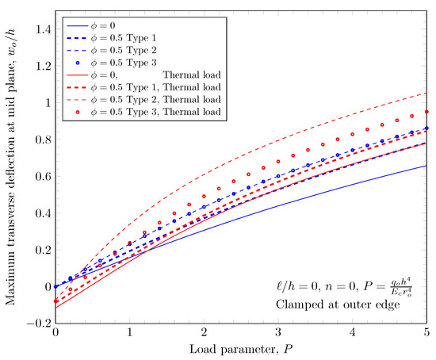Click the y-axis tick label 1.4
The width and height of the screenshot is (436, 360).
[x=42, y=29]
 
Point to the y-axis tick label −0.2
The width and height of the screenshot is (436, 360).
[x=36, y=324]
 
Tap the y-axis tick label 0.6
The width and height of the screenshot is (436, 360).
[x=42, y=176]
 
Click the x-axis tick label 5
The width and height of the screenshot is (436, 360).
[x=426, y=334]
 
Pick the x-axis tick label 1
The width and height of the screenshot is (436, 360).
[x=130, y=334]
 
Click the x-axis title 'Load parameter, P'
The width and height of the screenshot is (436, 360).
[x=241, y=350]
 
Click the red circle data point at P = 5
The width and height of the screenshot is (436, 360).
[x=426, y=112]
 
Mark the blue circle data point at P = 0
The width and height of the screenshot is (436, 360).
[x=55, y=286]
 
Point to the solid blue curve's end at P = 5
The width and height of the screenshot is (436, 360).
[x=426, y=166]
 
